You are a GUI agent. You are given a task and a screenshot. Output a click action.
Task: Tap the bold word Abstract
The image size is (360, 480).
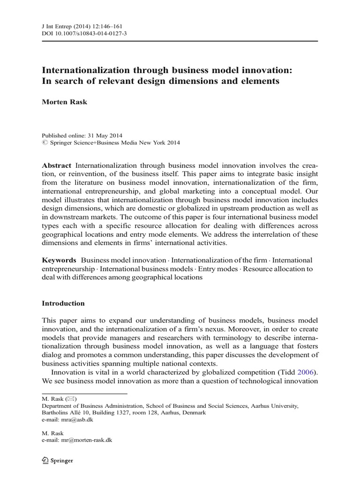(57, 165)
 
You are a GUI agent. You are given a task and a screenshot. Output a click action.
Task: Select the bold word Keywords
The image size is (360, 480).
(59, 260)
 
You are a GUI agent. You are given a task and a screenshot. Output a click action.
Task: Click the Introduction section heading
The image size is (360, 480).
(63, 303)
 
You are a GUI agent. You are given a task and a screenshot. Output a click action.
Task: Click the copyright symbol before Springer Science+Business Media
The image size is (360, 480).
(45, 142)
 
